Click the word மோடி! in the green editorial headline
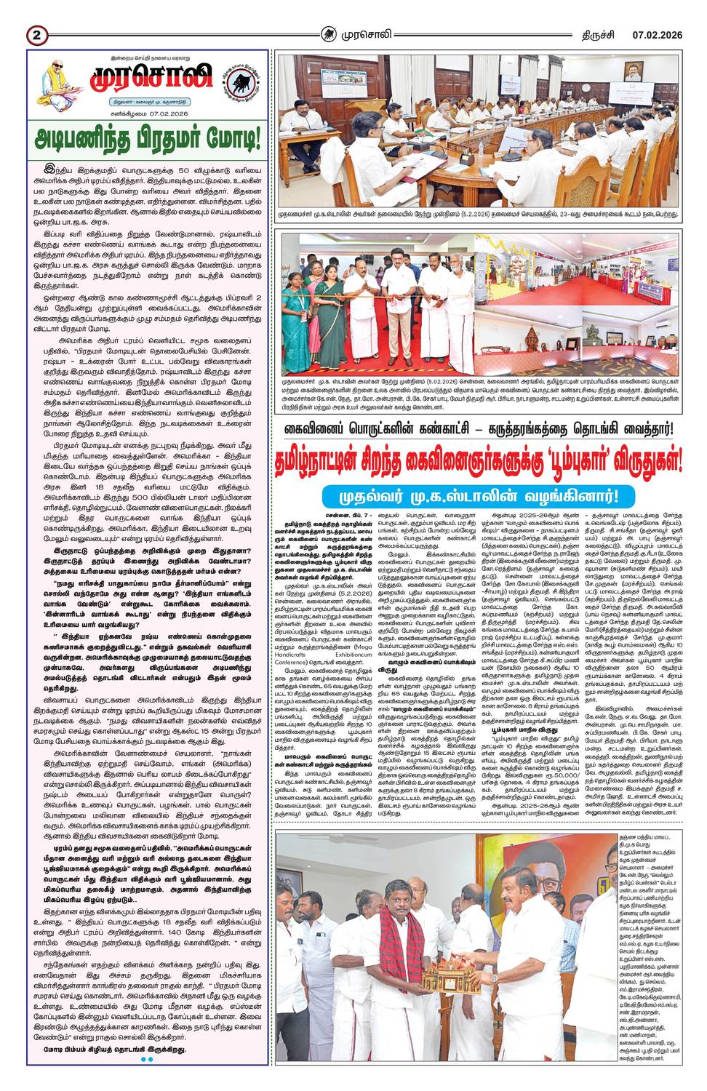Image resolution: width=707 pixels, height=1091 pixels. coord(226,138)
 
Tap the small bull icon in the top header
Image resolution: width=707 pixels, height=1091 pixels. coord(331,33)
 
